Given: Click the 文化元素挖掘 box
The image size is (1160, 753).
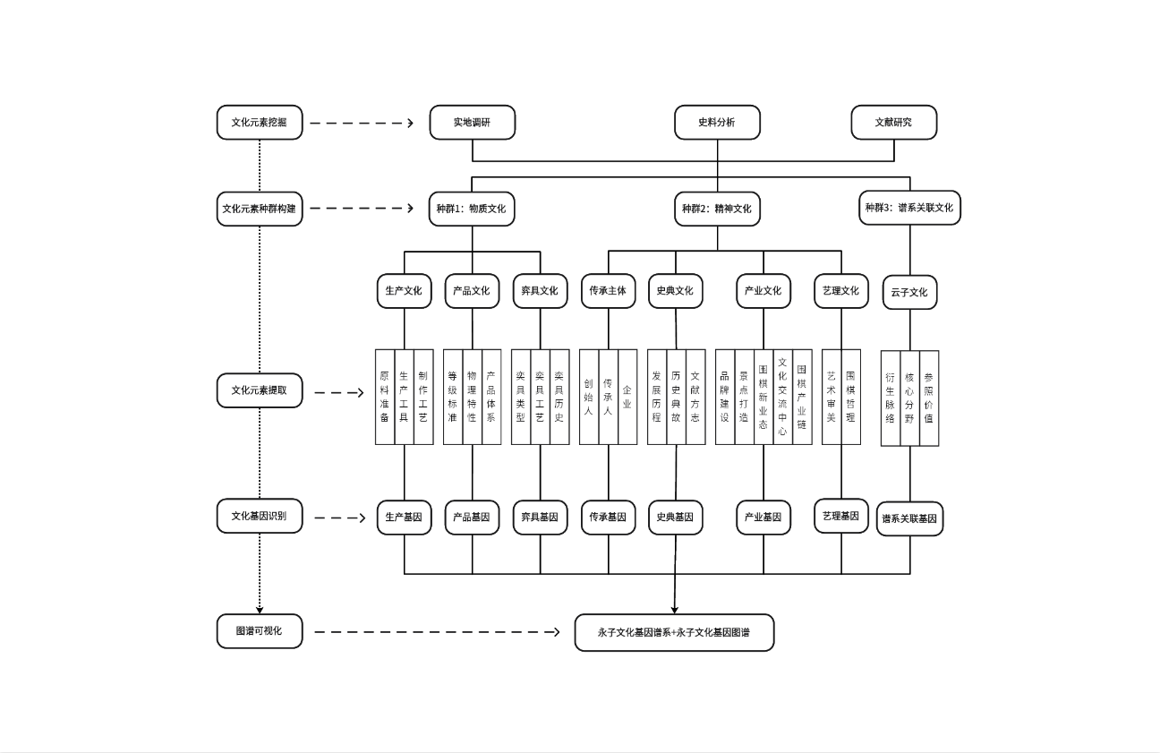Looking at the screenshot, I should pyautogui.click(x=259, y=123).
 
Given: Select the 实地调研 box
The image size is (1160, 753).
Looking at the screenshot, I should pyautogui.click(x=472, y=123).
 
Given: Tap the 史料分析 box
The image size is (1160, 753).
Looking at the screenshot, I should pyautogui.click(x=716, y=123).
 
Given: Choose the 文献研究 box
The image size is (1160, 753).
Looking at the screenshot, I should pyautogui.click(x=892, y=123).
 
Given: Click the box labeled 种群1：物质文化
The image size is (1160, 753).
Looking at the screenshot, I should pyautogui.click(x=472, y=210).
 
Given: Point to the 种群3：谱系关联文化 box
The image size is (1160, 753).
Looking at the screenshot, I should pyautogui.click(x=908, y=208).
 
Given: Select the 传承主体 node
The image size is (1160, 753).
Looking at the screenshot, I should pyautogui.click(x=608, y=291).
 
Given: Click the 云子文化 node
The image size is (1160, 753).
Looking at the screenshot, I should pyautogui.click(x=908, y=292).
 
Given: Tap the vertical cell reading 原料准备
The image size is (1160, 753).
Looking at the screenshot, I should pyautogui.click(x=384, y=397).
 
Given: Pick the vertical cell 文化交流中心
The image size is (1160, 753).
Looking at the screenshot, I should pyautogui.click(x=782, y=397).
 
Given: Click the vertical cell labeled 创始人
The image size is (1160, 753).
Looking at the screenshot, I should pyautogui.click(x=589, y=397).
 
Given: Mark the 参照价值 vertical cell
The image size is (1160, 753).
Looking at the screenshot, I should pyautogui.click(x=929, y=398).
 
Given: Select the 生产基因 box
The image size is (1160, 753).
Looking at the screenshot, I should pyautogui.click(x=404, y=518).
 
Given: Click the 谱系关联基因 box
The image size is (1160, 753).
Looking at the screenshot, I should pyautogui.click(x=908, y=518).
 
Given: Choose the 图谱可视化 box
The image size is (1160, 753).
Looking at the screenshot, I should pyautogui.click(x=259, y=631).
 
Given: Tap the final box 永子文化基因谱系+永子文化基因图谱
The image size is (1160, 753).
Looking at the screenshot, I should pyautogui.click(x=673, y=633).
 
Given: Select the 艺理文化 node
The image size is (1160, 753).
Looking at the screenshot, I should pyautogui.click(x=840, y=291).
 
